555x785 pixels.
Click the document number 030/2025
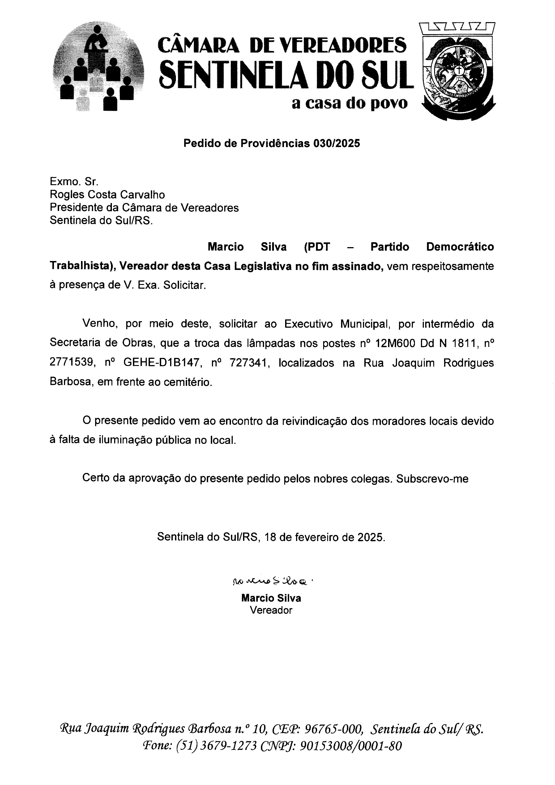[337, 143]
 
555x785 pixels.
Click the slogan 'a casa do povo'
[349, 103]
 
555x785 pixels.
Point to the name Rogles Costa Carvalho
[107, 195]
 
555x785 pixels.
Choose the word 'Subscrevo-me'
[432, 479]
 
